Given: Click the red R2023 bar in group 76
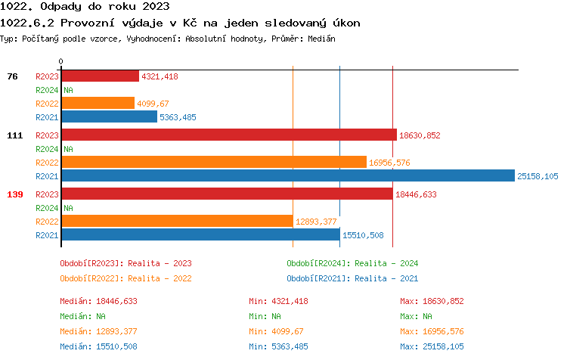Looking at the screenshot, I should click(x=100, y=76).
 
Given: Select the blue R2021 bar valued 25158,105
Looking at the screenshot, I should click(x=287, y=176).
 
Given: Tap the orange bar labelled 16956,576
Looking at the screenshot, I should click(x=213, y=163).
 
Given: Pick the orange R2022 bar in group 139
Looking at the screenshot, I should click(x=177, y=221).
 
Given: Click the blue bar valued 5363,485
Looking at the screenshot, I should click(x=109, y=117).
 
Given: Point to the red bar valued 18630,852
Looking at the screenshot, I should click(x=228, y=135).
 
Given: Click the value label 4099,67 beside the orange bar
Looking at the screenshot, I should click(x=153, y=104).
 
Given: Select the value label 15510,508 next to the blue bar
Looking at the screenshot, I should click(x=363, y=235).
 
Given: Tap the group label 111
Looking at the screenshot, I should click(x=14, y=135).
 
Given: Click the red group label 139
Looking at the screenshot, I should click(x=14, y=194).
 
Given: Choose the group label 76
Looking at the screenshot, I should click(x=12, y=76).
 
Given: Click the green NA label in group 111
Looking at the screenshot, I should click(x=68, y=149).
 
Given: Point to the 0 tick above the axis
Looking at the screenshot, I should click(x=61, y=61).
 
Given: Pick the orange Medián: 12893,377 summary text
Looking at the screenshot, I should click(x=98, y=331).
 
